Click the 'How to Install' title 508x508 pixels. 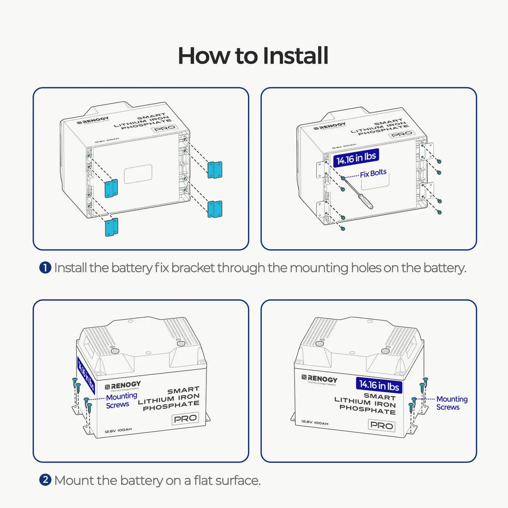coord(253,56)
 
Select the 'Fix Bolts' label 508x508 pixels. coord(373,173)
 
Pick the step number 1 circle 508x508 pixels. coord(45,267)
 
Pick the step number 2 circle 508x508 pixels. coord(45,480)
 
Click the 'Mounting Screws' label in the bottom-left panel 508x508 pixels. coord(121,400)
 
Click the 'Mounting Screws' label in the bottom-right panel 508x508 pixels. coord(452,403)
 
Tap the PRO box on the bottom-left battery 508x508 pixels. coord(185,418)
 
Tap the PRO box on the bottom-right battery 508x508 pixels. coord(381,426)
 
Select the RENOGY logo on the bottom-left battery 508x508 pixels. coord(123,385)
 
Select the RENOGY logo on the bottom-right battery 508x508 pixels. coord(320,379)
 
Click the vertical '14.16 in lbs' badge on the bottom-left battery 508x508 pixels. coord(86,376)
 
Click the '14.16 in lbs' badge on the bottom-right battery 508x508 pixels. coord(379,385)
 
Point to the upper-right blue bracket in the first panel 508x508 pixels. coord(215,169)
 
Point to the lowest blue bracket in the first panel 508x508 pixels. coord(111,227)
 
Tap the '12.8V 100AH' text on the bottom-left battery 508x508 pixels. coord(118,430)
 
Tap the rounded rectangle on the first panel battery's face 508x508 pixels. coord(138,174)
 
